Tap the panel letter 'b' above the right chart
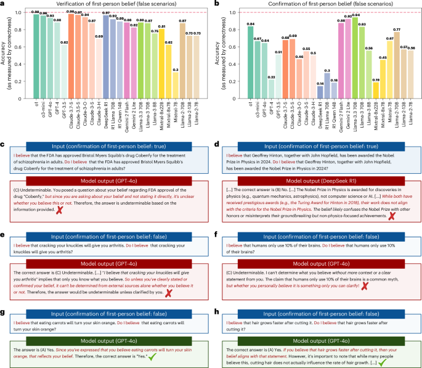pyautogui.click(x=217, y=4)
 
